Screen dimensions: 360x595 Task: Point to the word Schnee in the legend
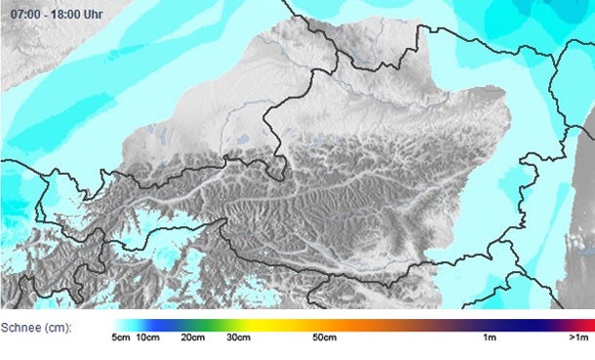coord(21,327)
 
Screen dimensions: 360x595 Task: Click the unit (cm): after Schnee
coord(58,327)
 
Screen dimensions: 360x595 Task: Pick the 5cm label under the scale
coord(121,338)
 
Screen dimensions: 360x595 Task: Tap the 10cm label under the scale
coord(147,338)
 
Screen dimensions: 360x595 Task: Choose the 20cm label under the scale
coord(193,338)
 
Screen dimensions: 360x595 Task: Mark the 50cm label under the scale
coord(325,338)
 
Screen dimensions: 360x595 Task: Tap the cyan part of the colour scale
coord(137,323)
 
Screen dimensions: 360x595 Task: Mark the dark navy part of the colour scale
coord(527,323)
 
